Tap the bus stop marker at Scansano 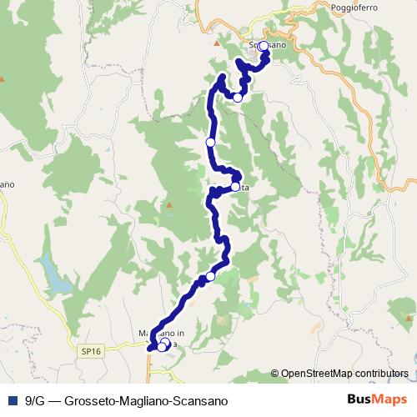[x=264, y=47]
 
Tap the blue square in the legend [x=12, y=400]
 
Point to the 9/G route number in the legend [x=34, y=400]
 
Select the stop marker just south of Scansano [x=238, y=98]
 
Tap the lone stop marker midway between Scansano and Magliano [x=210, y=143]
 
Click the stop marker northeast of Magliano [x=210, y=276]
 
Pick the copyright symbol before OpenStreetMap [x=275, y=374]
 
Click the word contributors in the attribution [x=380, y=374]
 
